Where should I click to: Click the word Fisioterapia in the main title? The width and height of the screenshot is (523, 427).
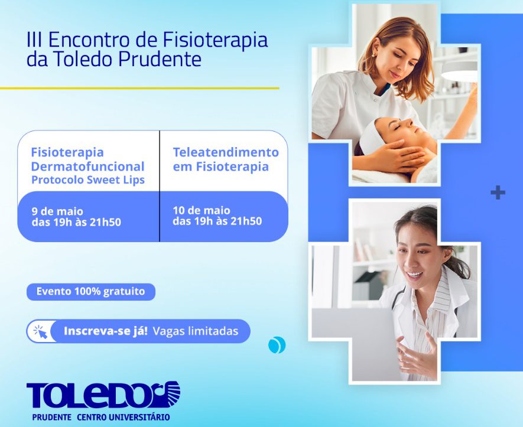(215, 40)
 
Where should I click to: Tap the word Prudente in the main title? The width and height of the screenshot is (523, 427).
(160, 59)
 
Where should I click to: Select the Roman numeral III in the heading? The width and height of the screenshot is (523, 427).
(34, 40)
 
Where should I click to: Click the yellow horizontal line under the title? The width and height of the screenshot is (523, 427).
(139, 89)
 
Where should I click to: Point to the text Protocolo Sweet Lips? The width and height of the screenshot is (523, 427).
(88, 180)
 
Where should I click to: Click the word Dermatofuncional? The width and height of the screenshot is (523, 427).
(87, 167)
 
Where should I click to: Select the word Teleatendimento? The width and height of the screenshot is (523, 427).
(226, 152)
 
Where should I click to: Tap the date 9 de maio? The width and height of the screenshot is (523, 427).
(57, 211)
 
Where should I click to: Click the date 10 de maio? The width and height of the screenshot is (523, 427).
(202, 210)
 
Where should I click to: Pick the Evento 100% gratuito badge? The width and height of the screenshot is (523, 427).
(91, 292)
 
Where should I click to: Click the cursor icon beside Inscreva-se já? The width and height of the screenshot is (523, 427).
(41, 332)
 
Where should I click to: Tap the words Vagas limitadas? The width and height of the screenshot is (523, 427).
(196, 331)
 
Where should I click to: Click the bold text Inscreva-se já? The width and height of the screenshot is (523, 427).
(105, 331)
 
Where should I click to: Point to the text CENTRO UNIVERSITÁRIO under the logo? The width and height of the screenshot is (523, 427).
(124, 417)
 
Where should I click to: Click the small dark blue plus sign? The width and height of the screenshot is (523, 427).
(498, 193)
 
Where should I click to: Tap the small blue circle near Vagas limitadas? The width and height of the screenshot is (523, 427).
(277, 345)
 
